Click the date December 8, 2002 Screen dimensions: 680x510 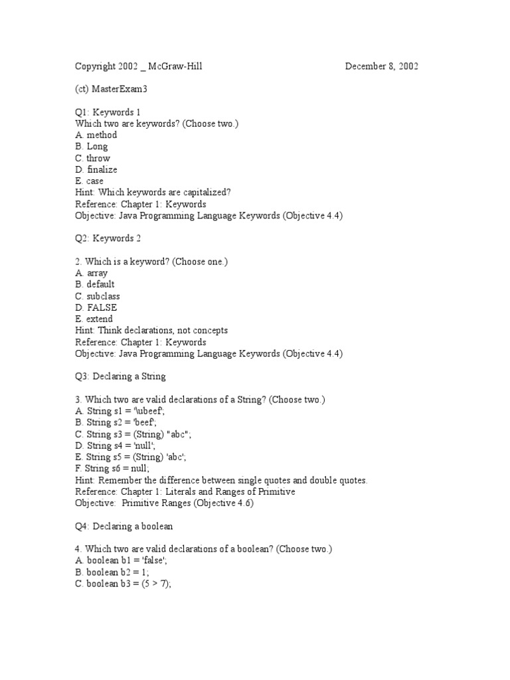click(x=381, y=66)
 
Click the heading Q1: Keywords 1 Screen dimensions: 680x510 click(x=108, y=112)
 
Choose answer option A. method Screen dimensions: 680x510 click(x=96, y=135)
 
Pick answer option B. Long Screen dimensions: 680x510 click(x=92, y=147)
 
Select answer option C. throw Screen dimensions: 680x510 click(x=93, y=158)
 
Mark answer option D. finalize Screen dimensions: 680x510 click(x=96, y=169)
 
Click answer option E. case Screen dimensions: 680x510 click(x=90, y=181)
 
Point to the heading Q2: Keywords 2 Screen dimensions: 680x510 click(x=108, y=238)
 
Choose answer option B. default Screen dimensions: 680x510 click(x=96, y=284)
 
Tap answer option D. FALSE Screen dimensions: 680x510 click(x=96, y=307)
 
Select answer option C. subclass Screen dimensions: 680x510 click(x=98, y=296)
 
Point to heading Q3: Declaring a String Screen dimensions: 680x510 click(x=120, y=377)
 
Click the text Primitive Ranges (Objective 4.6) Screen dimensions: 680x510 click(x=188, y=503)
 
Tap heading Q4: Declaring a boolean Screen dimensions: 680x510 click(x=124, y=526)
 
